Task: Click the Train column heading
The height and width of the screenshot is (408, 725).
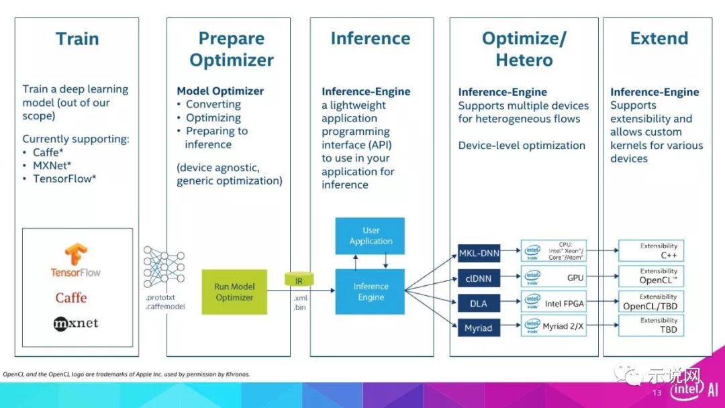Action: point(77,38)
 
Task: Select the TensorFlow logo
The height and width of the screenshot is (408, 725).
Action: point(76,261)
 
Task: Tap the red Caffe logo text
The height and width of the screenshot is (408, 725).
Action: point(71,297)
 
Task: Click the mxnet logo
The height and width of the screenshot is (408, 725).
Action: point(76,323)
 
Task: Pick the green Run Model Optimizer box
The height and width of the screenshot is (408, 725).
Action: point(234,292)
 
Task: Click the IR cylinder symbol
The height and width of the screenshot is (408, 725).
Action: point(299,279)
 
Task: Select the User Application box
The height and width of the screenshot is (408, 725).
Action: point(371,236)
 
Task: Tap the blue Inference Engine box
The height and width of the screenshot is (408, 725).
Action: point(371,291)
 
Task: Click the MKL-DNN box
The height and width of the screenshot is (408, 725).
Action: point(479,253)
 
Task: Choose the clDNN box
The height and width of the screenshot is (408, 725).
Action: point(479,278)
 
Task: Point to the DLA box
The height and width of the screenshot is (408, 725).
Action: point(479,303)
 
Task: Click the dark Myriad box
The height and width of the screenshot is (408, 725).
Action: point(479,328)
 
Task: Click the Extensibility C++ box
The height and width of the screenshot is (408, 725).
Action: point(651,251)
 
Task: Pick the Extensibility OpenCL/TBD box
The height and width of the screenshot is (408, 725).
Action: point(651,301)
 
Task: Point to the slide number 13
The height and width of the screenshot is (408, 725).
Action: point(657,393)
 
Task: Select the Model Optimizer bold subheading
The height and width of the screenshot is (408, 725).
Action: point(220,91)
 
